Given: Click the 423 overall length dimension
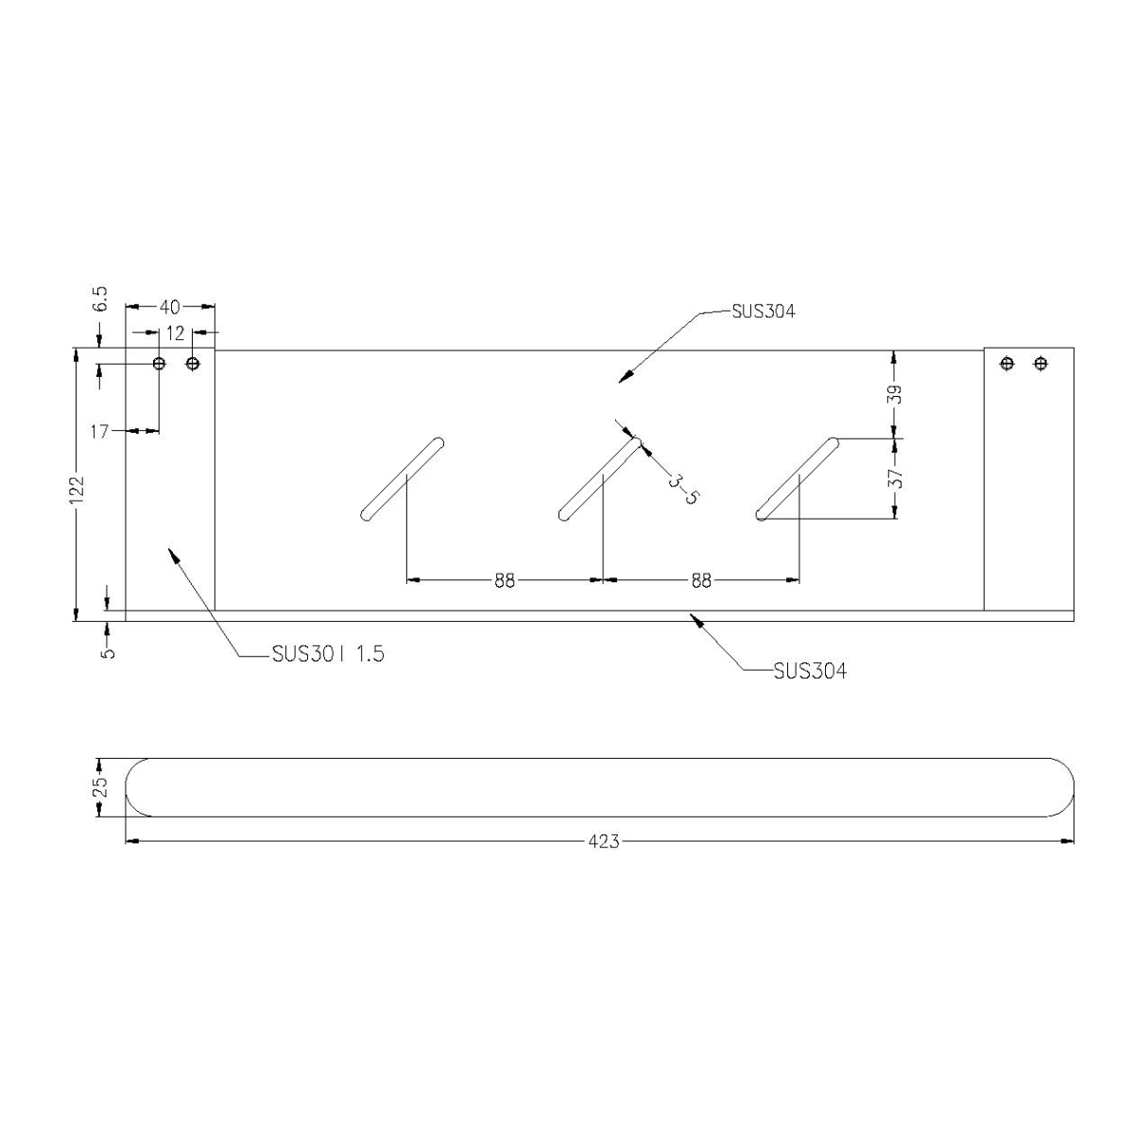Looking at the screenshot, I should pos(603,840).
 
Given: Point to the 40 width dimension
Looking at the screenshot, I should pos(169,306).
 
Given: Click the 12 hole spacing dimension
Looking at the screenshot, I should pos(176,332).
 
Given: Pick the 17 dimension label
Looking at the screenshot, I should pos(101,431).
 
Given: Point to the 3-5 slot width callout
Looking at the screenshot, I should pos(682,489).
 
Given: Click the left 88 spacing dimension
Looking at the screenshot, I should pos(505,580).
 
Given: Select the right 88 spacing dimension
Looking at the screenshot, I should pos(700,580).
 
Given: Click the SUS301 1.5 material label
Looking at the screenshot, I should pos(327,654).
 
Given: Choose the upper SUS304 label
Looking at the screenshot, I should pos(763,311).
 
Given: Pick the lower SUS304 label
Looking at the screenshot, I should pos(809,671).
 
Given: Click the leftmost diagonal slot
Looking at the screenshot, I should pos(403,479).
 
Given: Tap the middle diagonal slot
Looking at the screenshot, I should pos(600,479).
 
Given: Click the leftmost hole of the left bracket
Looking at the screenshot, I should pos(159,364).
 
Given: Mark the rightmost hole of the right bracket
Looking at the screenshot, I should pos(1040,363).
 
